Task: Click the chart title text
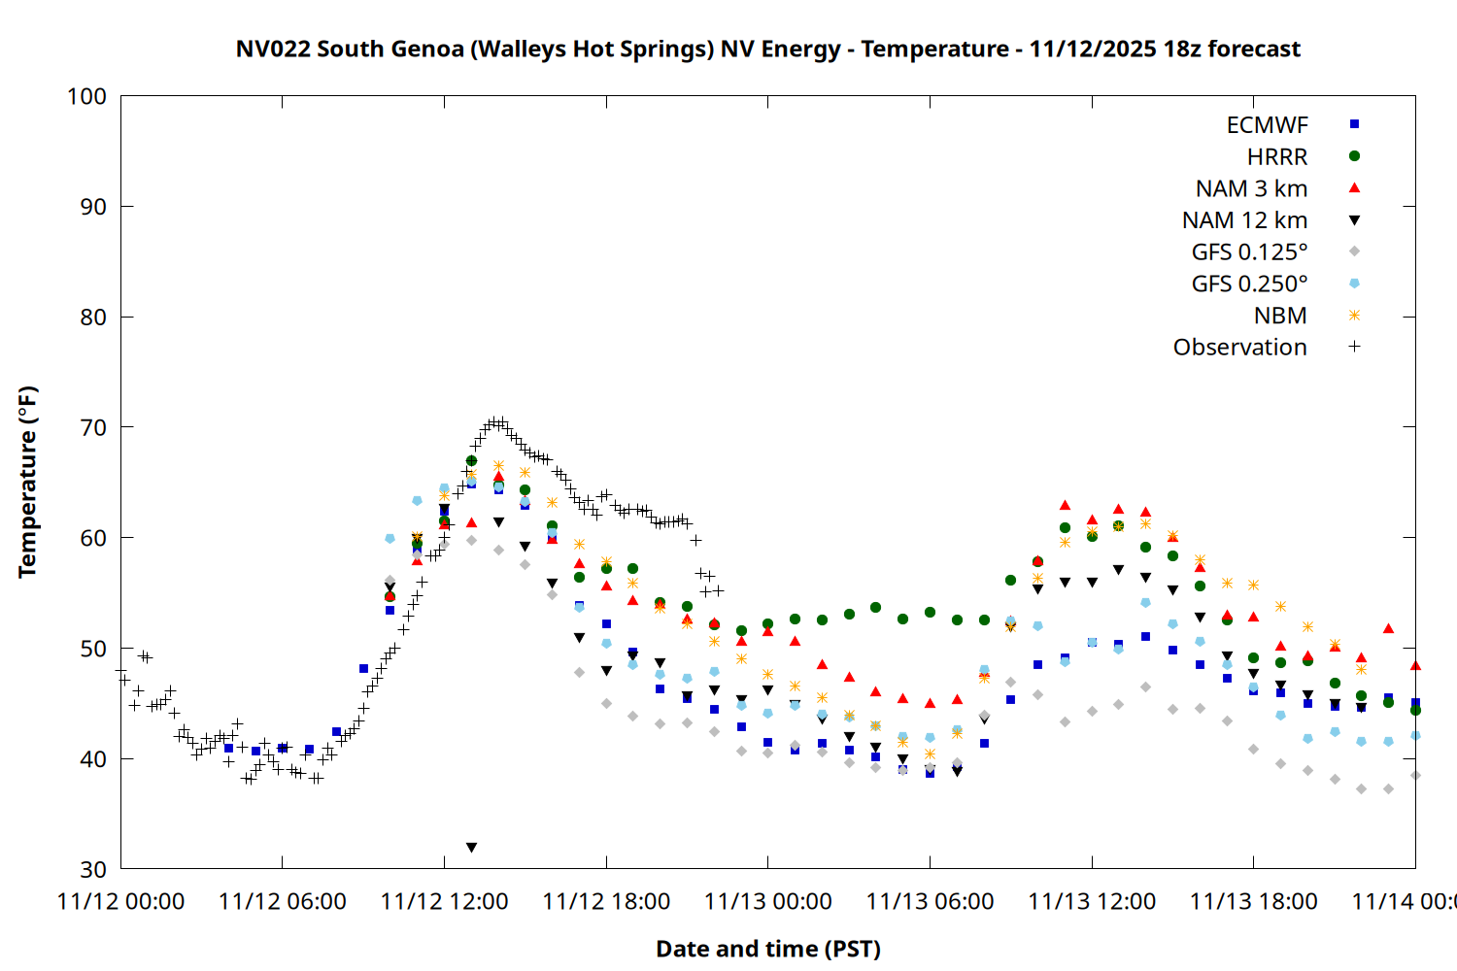coord(767,49)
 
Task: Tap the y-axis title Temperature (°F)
coord(27,482)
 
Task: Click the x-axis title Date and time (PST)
coord(767,949)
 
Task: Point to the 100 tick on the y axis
coord(86,96)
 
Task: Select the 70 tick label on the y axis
coord(86,427)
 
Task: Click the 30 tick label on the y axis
coord(86,869)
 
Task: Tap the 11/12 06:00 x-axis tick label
coord(283,902)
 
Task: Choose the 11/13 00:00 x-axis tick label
coord(768,902)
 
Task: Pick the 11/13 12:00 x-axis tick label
coord(1092,902)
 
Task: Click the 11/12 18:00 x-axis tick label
coord(606,902)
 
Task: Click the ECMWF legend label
coord(1267,125)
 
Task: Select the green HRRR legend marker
coord(1354,156)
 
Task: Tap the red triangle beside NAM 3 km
coord(1354,188)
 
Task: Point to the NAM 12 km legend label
coord(1244,220)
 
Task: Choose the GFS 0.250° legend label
coord(1249,284)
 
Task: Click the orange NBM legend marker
coord(1354,316)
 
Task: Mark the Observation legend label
coord(1239,348)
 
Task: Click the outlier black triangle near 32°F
coord(471,848)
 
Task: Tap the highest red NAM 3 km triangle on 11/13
coord(1065,505)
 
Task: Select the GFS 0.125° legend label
coord(1249,252)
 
